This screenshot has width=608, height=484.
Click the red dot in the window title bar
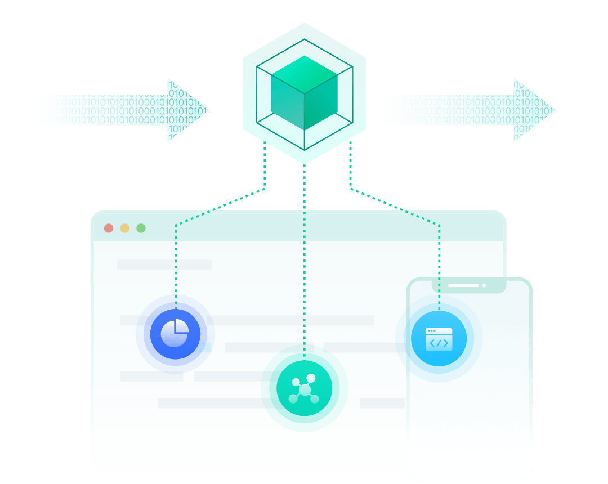pos(109,228)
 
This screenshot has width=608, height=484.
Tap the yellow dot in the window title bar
pos(125,228)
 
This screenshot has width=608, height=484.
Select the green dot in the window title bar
pos(141,228)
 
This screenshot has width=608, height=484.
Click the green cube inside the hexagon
pos(304,93)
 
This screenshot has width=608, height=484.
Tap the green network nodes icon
pos(304,389)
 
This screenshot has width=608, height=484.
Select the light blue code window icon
pos(439,339)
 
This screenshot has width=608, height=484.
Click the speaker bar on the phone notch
pos(463,285)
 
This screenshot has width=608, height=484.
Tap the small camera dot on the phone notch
pos(484,285)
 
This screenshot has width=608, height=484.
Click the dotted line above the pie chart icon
pos(176,265)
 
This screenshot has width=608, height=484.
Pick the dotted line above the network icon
pos(305,253)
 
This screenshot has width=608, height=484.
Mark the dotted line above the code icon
pos(439,265)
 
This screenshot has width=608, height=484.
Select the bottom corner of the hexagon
pos(305,164)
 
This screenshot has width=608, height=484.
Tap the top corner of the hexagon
pos(305,23)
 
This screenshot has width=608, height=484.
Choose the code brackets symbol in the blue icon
pos(439,343)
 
